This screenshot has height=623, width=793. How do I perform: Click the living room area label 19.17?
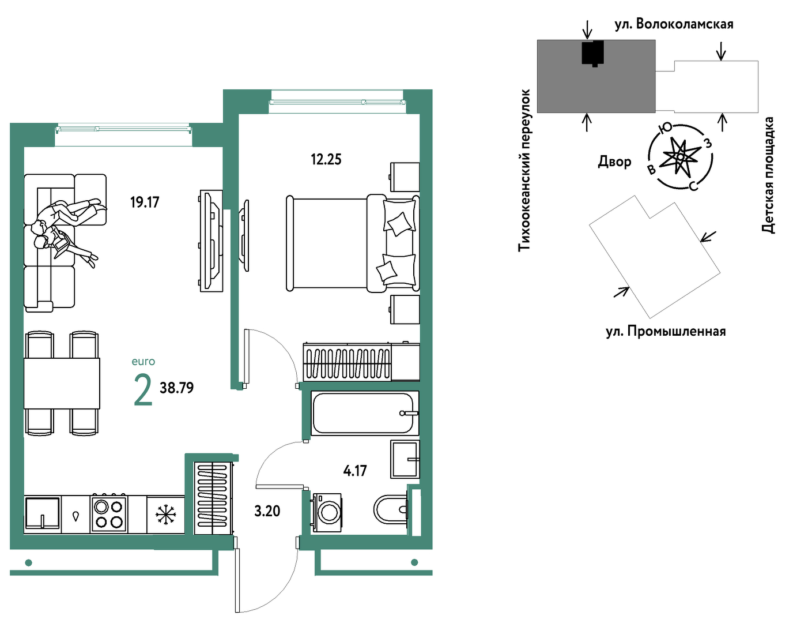[x=145, y=202]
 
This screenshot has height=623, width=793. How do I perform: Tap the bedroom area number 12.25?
[x=326, y=160]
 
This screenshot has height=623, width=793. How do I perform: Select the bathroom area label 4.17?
[x=354, y=471]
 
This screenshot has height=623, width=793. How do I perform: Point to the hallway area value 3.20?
[x=267, y=511]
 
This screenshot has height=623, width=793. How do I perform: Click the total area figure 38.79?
[x=176, y=388]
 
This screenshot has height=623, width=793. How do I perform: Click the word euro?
[x=144, y=362]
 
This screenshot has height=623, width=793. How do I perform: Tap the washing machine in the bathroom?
[x=327, y=512]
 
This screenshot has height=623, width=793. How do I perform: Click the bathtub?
[x=365, y=413]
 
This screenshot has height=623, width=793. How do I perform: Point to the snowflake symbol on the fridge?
[x=166, y=514]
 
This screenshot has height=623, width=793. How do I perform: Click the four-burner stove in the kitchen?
[x=109, y=514]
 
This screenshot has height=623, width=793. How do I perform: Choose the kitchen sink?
[x=43, y=513]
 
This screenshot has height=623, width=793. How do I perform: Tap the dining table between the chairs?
[x=62, y=383]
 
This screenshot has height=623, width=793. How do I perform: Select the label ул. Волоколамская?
[x=674, y=24]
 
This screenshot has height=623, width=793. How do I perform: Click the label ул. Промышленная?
[x=666, y=332]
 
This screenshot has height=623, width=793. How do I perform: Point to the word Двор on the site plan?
[x=614, y=162]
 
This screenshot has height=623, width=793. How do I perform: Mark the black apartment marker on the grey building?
[x=592, y=53]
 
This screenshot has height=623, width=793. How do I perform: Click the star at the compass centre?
[x=680, y=156]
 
